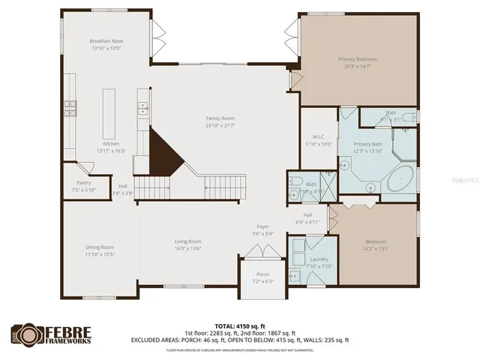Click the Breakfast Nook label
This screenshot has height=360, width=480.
[105, 40]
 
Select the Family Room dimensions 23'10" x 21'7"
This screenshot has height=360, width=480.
[220, 125]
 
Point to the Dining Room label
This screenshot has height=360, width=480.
[100, 247]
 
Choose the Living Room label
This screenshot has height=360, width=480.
[188, 241]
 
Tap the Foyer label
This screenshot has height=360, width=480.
[263, 226]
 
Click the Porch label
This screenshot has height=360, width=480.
[262, 274]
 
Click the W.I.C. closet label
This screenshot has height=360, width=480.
[318, 136]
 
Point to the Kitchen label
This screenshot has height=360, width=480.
[111, 144]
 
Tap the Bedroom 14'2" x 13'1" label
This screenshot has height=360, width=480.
[376, 241]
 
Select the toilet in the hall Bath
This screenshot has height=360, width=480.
[297, 182]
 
